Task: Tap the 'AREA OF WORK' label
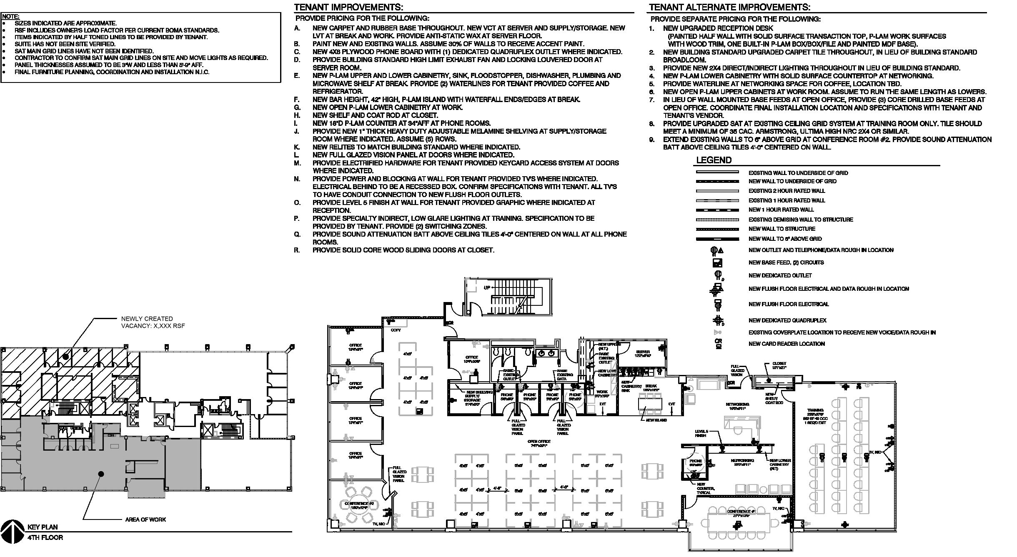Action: (x=145, y=520)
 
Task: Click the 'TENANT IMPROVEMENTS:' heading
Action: (x=348, y=7)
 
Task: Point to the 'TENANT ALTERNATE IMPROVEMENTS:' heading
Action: (x=729, y=7)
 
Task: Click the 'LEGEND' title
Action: (x=714, y=160)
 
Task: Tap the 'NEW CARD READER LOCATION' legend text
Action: (x=787, y=344)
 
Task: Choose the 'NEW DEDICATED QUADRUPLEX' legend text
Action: (x=787, y=320)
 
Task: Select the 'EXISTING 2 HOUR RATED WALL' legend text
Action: (x=787, y=191)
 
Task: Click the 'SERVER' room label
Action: (x=643, y=352)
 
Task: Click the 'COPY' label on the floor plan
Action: (x=396, y=330)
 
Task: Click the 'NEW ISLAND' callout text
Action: (x=656, y=420)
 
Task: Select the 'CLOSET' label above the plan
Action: (x=779, y=364)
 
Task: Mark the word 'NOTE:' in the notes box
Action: (x=10, y=17)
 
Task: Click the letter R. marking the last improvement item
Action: (x=297, y=250)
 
